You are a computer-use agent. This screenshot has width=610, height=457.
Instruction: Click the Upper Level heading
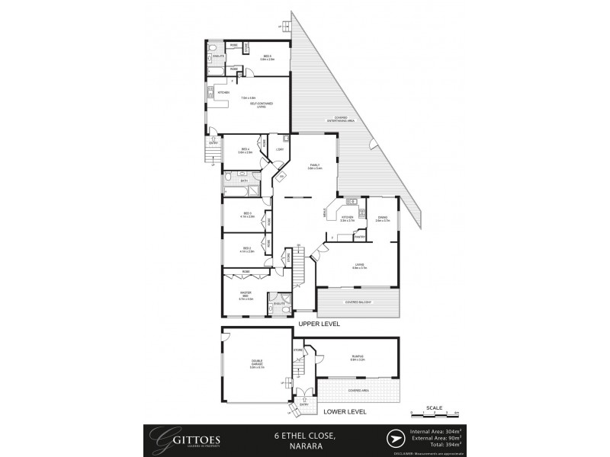point(319,324)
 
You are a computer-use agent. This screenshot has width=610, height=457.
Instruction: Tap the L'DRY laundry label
point(280,149)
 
